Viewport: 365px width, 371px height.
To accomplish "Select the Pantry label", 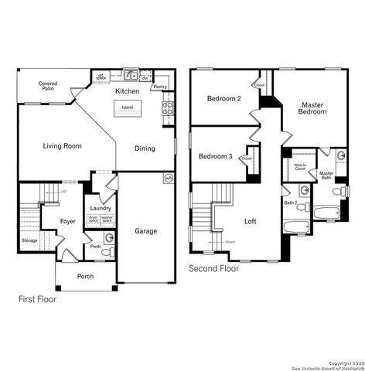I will click(160, 87).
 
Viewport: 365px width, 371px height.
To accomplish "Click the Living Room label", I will click(63, 145).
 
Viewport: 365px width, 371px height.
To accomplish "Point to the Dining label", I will click(145, 148).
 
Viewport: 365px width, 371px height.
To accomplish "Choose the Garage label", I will click(146, 231).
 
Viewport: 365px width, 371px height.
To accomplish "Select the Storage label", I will click(29, 240).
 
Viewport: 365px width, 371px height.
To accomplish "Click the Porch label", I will click(86, 276).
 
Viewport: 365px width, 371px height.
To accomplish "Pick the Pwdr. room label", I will click(96, 247).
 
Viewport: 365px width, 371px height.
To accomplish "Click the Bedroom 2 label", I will click(224, 99).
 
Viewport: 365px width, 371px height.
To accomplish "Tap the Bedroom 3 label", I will click(215, 157).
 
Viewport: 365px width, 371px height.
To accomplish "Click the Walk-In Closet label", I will click(300, 166).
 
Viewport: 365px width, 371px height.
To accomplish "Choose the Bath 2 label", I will click(290, 203).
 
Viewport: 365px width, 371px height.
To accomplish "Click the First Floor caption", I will click(37, 298).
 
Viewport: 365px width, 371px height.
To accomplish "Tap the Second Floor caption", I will click(214, 269).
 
